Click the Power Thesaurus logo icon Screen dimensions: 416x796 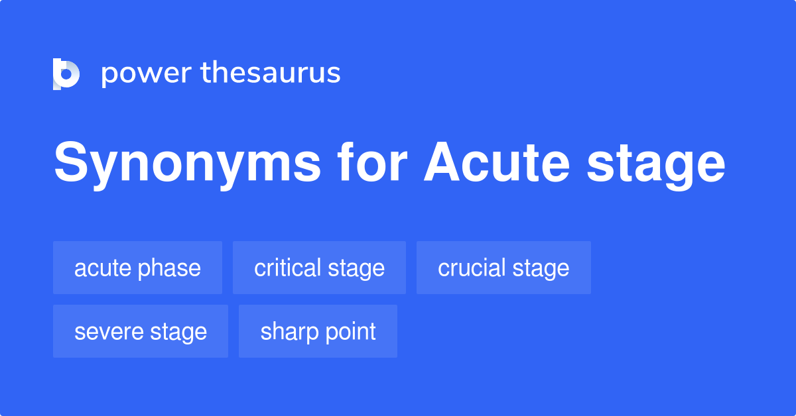(66, 74)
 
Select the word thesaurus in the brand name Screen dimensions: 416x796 (271, 74)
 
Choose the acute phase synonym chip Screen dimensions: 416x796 (137, 268)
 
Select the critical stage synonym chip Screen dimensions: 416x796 (319, 268)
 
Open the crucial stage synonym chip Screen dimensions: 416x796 (503, 268)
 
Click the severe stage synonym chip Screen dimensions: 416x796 (141, 331)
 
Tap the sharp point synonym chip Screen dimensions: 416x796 (318, 331)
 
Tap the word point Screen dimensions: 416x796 (350, 333)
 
